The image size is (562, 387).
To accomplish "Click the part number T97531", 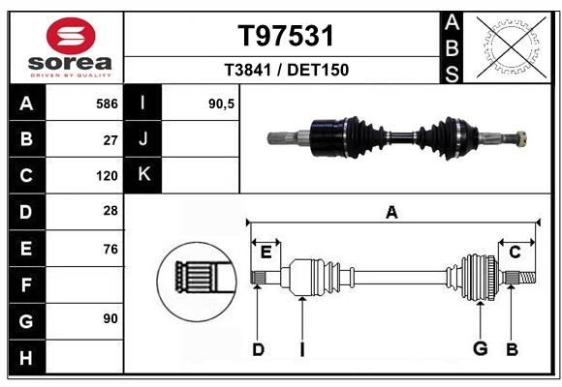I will [286, 36].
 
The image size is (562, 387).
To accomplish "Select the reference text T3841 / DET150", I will [286, 70].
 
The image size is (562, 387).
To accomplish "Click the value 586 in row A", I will [107, 103].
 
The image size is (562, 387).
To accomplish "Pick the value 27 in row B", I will [110, 139].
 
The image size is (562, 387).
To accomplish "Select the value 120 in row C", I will [107, 176].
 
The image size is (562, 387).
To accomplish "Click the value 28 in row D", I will [110, 211].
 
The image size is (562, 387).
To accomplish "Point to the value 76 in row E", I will [110, 249].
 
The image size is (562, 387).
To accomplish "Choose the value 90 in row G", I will [110, 318].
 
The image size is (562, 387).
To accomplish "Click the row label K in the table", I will [144, 175].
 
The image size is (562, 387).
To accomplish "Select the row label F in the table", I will [25, 284].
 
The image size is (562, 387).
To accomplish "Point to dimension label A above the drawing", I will [391, 213].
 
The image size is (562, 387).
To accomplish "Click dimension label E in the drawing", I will [265, 252].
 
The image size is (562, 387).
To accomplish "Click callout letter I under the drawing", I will [301, 349].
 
